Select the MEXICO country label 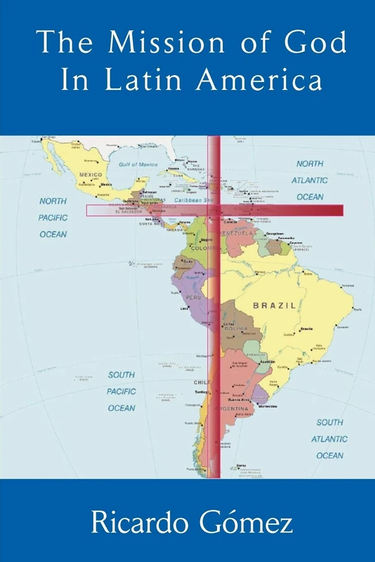[90, 174]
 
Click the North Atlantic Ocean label [310, 181]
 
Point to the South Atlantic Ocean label [329, 439]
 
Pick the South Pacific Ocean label [121, 391]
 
